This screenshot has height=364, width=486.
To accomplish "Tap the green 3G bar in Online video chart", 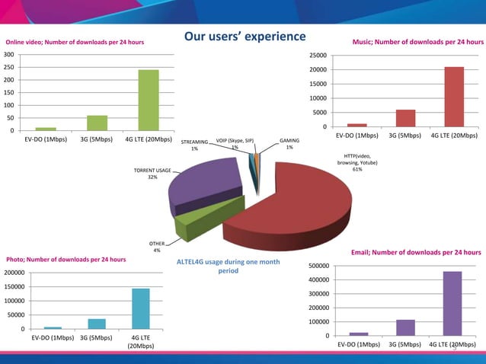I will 97,123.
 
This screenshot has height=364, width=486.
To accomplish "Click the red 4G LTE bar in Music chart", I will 454,97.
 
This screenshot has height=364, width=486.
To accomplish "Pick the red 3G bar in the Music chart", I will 405,118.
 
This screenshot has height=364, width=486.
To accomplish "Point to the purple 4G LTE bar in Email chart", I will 452,303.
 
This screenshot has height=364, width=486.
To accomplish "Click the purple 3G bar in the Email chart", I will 405,327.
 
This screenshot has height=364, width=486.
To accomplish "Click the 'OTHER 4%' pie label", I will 156,247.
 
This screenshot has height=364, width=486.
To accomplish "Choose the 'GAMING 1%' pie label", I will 289,144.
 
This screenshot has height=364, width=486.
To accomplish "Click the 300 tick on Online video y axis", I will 8,56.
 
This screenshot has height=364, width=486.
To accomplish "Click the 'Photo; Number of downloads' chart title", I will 66,260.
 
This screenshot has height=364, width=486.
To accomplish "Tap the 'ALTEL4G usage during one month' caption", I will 228,266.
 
